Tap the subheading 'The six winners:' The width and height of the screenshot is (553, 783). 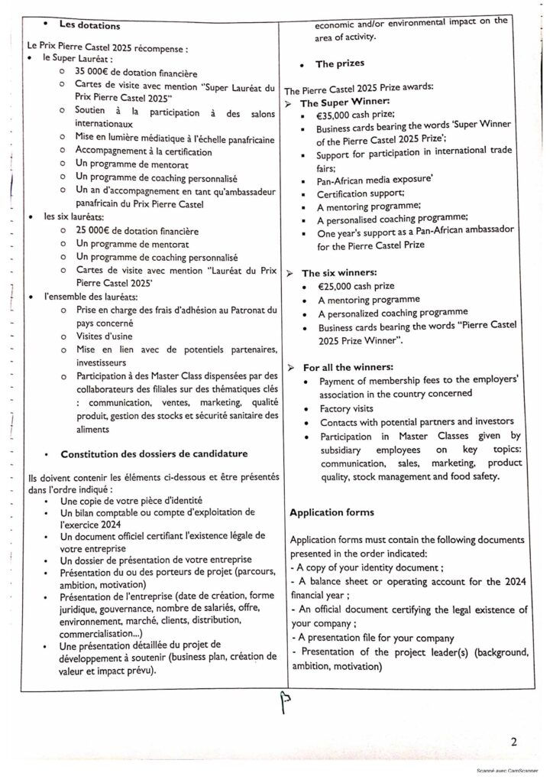point(343,273)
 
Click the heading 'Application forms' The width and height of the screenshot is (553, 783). point(332,511)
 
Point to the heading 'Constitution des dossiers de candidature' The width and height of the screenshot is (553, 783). point(154,454)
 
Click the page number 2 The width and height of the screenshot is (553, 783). point(515,741)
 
